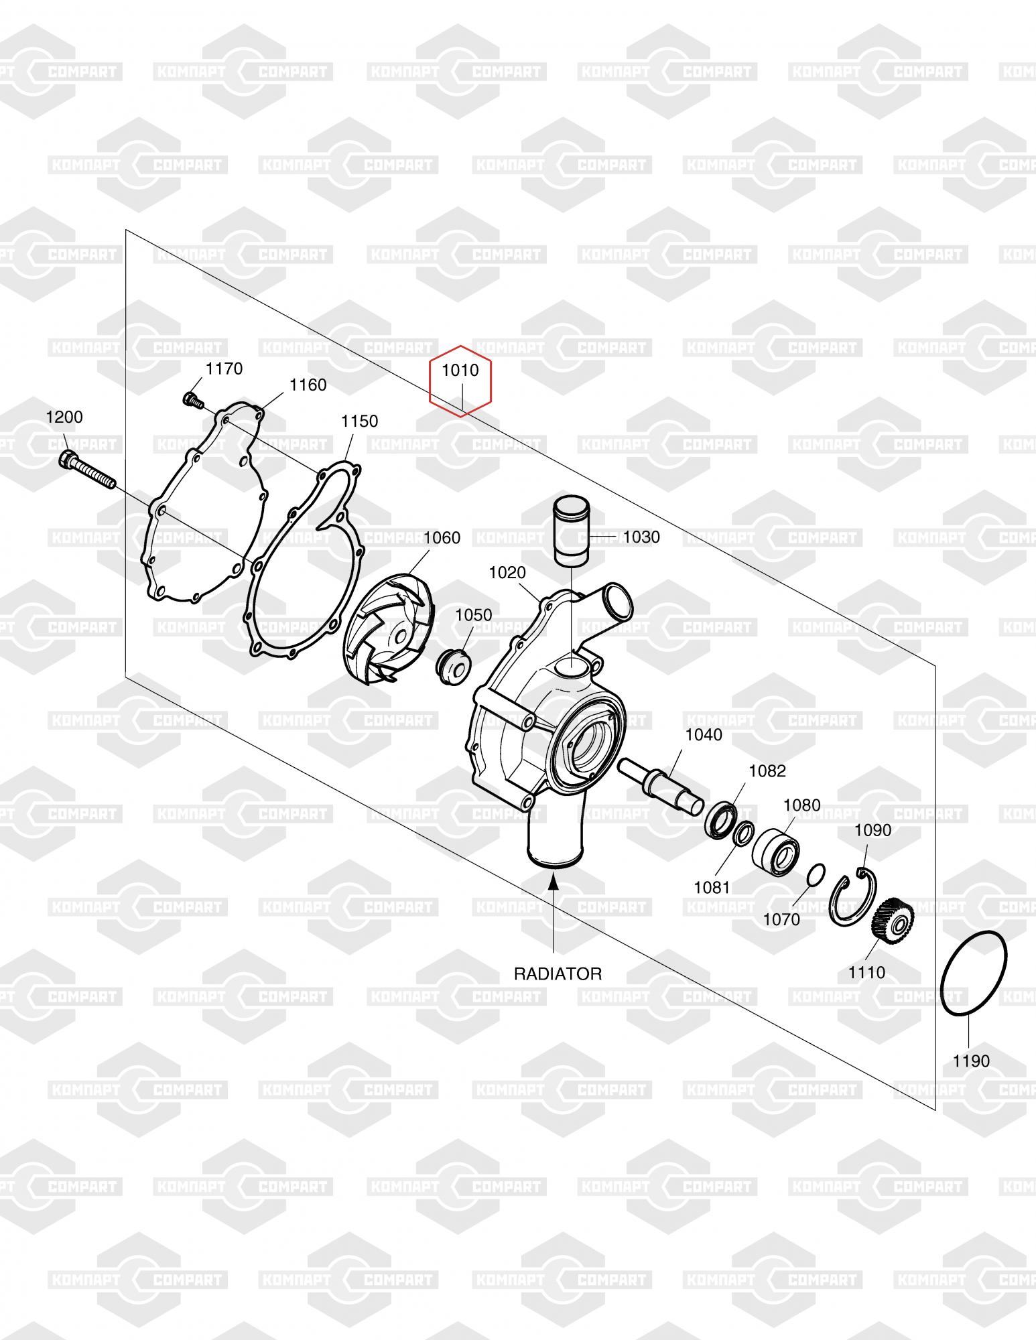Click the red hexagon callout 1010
pyautogui.click(x=460, y=380)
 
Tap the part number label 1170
pyautogui.click(x=224, y=368)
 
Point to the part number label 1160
pyautogui.click(x=308, y=385)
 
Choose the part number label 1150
pyautogui.click(x=359, y=421)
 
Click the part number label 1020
pyautogui.click(x=507, y=572)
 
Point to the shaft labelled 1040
pyautogui.click(x=660, y=783)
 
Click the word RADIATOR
pyautogui.click(x=558, y=974)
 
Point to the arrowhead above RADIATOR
pyautogui.click(x=554, y=883)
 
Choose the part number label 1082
pyautogui.click(x=767, y=770)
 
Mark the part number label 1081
pyautogui.click(x=712, y=887)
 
